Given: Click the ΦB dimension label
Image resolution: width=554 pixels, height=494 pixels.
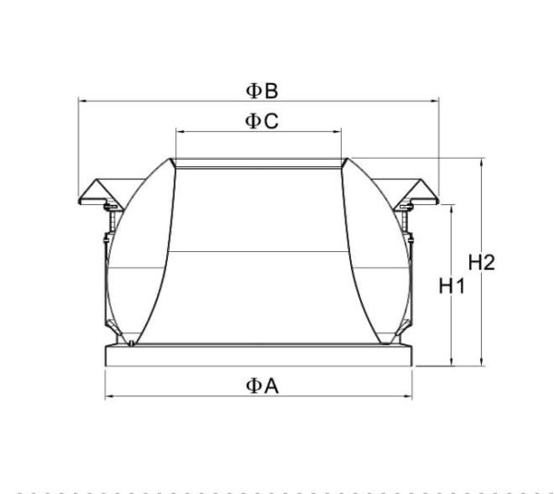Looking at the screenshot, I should point(262,90).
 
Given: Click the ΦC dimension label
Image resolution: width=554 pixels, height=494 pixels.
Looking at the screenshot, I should point(261,121).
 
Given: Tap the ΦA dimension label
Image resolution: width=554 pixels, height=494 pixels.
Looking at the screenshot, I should point(261,387).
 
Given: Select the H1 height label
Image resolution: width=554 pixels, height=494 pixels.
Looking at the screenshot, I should point(451,286).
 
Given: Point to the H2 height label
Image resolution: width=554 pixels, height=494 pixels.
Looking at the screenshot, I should point(482,262).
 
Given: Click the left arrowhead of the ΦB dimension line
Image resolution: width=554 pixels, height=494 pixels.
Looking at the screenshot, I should point(81,101).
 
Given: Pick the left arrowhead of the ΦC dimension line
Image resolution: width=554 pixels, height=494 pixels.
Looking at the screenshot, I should point(177,132).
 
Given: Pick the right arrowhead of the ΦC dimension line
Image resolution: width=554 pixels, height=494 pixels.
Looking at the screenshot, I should point(340,132).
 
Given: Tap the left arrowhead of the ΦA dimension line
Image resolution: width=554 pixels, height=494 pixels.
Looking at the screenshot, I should point(108,397).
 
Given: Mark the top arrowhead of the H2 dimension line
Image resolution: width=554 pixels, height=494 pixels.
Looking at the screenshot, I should point(482,162).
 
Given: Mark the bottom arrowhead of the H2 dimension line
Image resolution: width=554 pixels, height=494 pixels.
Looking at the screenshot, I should point(482,361).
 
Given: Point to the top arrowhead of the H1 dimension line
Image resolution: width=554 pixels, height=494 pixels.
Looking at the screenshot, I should point(451,207).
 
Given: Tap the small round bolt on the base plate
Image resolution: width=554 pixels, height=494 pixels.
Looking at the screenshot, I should point(134,344).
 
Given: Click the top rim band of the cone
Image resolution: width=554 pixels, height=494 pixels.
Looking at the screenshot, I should point(259,163).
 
